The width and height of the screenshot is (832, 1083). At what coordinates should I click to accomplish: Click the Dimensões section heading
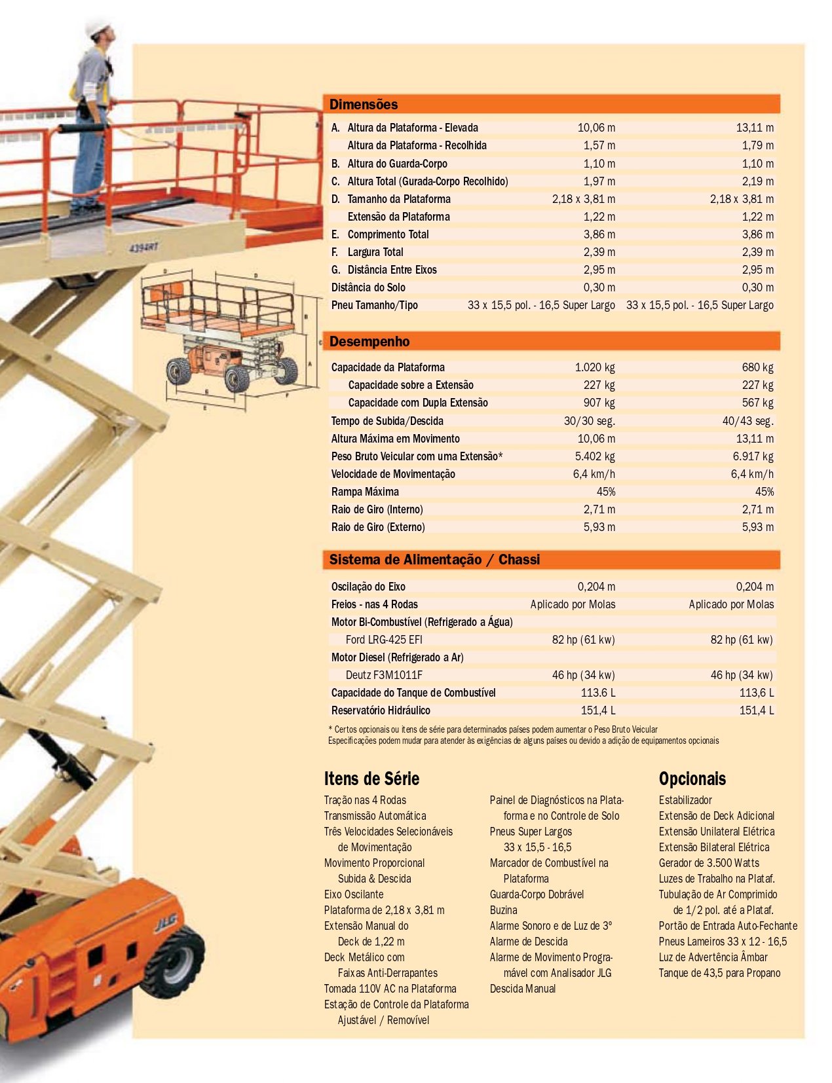364,105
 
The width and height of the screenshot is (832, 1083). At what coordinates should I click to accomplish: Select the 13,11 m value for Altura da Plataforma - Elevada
754,128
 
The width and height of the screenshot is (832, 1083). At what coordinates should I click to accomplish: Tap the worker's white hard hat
99,29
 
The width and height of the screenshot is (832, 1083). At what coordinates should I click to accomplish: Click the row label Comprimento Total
388,234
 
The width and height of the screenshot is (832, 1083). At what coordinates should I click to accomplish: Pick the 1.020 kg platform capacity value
595,367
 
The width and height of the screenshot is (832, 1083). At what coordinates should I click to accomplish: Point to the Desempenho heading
369,342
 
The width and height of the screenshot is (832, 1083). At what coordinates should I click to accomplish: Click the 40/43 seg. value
747,421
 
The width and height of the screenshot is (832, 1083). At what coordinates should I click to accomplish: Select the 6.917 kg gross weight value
753,456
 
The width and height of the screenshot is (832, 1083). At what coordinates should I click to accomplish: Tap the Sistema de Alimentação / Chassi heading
434,560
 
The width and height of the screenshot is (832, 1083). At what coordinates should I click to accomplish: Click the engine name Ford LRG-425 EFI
384,640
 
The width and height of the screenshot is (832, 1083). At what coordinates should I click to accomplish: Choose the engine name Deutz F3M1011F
384,675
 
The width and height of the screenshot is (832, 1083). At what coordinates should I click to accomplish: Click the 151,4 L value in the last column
756,710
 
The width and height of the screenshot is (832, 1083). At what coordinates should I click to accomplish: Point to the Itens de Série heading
371,779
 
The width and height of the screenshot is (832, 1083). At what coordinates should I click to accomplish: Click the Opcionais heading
692,779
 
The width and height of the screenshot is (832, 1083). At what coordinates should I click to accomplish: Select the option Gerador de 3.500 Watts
709,863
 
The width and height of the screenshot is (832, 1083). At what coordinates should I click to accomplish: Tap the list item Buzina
503,910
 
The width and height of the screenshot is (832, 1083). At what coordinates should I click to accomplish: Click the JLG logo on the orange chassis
165,923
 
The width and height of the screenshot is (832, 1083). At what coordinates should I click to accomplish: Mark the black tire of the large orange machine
176,963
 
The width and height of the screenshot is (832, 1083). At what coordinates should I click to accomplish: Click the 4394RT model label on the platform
143,248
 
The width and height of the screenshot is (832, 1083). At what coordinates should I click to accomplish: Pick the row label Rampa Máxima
365,492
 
